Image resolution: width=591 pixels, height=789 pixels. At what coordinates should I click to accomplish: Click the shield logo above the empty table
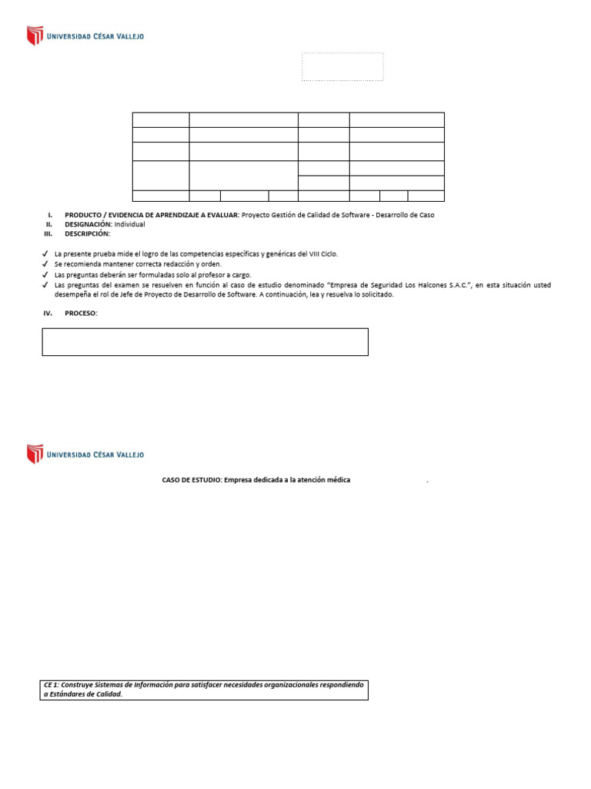[x=35, y=35]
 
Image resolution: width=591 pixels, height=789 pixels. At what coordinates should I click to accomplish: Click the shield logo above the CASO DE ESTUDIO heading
[x=35, y=454]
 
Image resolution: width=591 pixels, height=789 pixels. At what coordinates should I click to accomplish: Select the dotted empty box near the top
[x=342, y=66]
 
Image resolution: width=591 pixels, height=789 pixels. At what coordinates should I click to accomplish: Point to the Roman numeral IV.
[x=48, y=313]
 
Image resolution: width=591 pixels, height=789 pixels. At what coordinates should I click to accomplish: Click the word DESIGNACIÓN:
[x=88, y=224]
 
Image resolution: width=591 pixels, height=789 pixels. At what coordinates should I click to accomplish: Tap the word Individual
[x=129, y=224]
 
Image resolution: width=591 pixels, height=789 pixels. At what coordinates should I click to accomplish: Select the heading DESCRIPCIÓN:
[x=87, y=233]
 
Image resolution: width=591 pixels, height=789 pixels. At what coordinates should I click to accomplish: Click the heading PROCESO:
[x=82, y=313]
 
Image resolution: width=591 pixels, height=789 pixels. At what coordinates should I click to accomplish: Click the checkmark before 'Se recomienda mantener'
[x=45, y=264]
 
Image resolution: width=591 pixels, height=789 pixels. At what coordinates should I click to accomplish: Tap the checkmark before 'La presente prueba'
[x=45, y=253]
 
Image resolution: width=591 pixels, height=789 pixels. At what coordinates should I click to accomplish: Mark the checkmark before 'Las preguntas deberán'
[x=45, y=275]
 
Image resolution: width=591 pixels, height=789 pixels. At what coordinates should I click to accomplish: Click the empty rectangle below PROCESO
[x=205, y=341]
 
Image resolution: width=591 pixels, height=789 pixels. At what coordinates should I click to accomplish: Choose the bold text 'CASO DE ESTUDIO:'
[x=192, y=480]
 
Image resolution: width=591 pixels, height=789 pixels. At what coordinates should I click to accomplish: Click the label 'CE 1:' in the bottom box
[x=52, y=685]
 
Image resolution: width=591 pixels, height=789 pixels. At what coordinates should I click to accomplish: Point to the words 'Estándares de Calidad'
[x=85, y=694]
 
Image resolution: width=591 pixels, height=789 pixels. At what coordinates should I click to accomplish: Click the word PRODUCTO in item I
[x=84, y=215]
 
